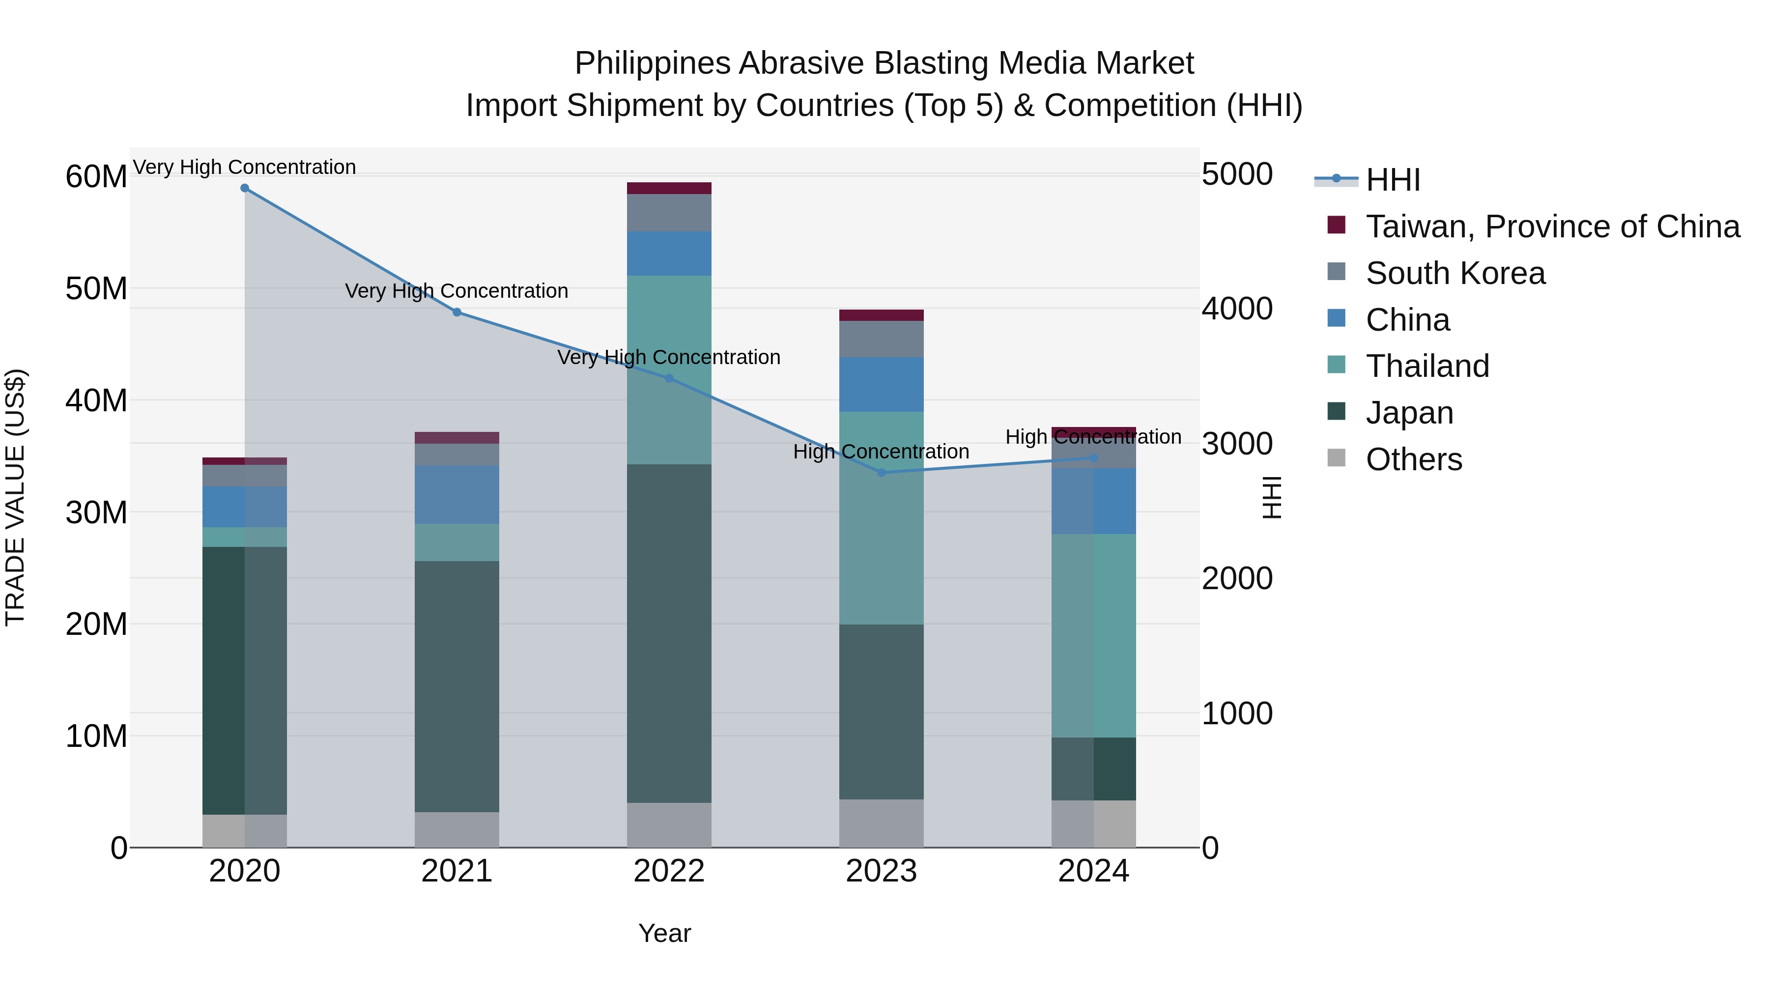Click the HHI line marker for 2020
click(x=245, y=188)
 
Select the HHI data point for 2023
click(x=882, y=472)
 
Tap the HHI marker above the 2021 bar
click(x=457, y=313)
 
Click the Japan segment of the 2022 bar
click(x=669, y=632)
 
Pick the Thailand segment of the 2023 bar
click(x=882, y=518)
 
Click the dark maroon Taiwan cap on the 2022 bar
click(x=669, y=188)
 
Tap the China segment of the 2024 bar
click(x=1093, y=501)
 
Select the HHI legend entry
click(x=1392, y=180)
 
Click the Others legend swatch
click(x=1337, y=458)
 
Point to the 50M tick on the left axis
click(x=96, y=288)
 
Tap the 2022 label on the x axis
click(x=669, y=871)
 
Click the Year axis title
click(x=664, y=933)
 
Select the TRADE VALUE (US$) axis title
click(x=15, y=497)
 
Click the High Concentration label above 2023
click(x=881, y=452)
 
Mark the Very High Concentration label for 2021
click(x=457, y=291)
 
